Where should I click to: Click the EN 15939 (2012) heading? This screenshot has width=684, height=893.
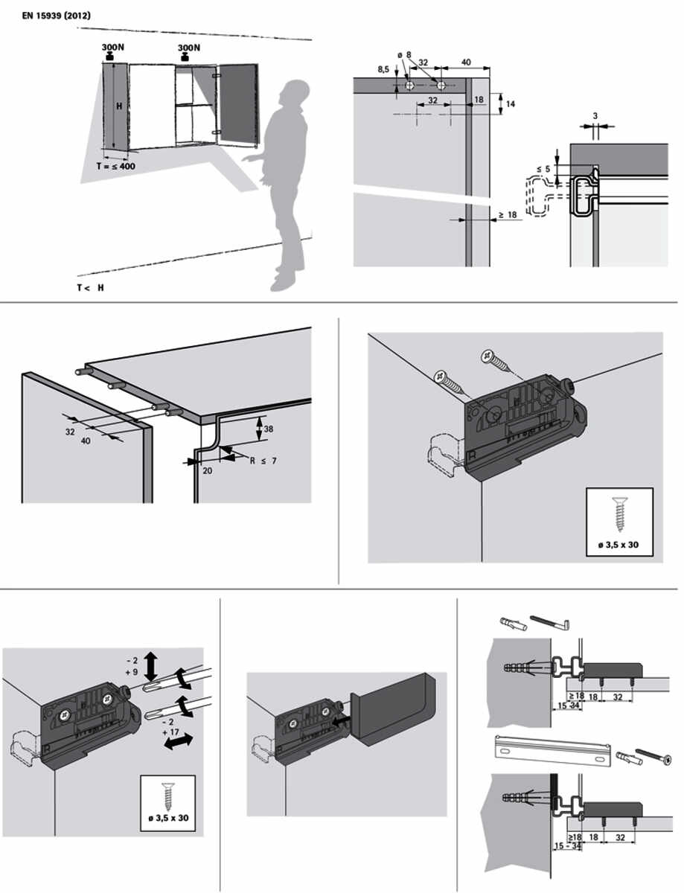57,16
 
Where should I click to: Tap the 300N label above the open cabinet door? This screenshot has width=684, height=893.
189,48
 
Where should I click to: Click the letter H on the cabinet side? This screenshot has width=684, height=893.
119,106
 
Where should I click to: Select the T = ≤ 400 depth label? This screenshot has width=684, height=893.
116,166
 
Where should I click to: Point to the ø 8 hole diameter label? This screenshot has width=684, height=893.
404,54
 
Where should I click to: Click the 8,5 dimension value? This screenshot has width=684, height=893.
383,69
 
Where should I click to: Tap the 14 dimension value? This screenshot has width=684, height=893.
511,104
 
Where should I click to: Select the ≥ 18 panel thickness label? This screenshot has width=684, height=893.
508,214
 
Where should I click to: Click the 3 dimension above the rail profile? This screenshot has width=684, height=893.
595,116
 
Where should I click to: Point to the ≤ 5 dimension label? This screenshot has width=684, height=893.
543,169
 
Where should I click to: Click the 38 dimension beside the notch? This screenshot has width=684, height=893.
268,429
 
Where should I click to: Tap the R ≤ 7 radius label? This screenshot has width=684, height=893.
263,461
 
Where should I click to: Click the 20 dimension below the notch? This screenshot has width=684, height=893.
208,470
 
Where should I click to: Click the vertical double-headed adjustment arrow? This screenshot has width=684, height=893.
152,666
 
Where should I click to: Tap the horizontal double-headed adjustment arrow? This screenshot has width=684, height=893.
178,741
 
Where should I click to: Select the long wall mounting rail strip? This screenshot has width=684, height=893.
552,751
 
